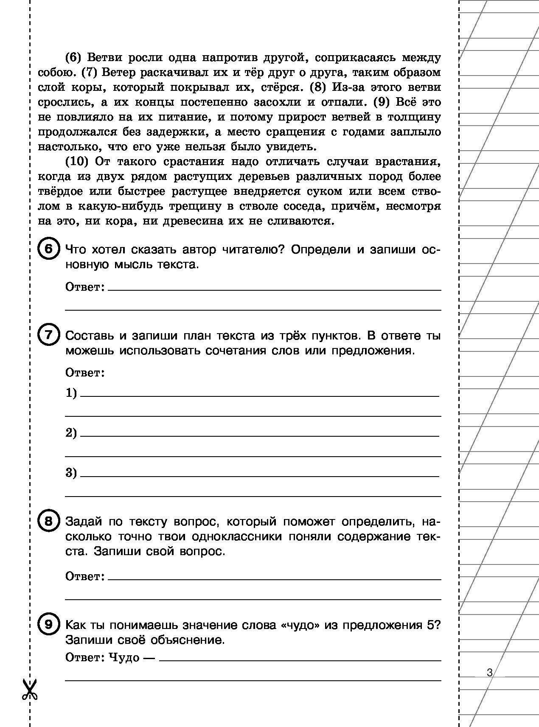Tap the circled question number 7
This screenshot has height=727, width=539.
(48, 335)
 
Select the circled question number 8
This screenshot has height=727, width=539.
(48, 521)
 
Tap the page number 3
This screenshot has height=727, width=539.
(490, 673)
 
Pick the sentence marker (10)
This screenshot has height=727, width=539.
(79, 162)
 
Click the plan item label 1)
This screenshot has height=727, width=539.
(71, 393)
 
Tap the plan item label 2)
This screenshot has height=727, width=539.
(71, 433)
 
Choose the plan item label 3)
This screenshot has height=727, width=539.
(71, 473)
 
